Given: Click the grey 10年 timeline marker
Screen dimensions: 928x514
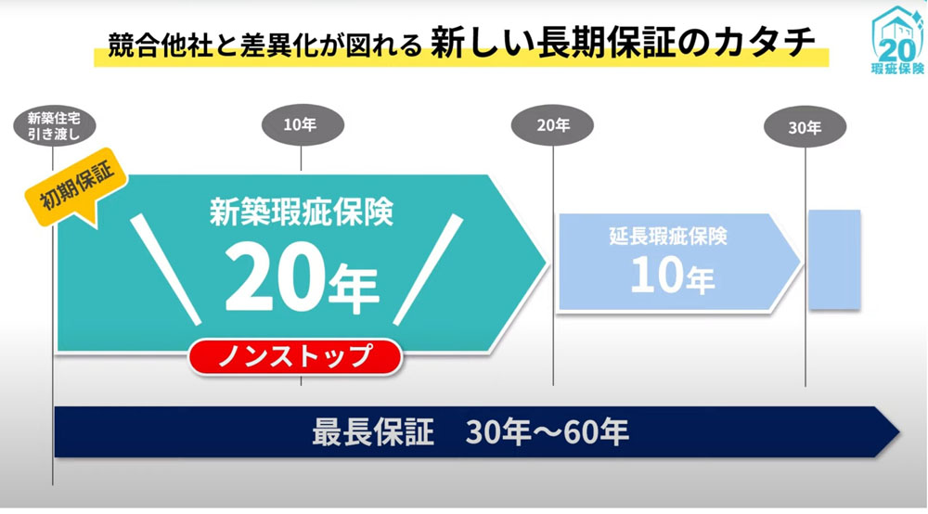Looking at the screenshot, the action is (303, 125).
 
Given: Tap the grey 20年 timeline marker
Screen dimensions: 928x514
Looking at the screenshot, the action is (552, 125).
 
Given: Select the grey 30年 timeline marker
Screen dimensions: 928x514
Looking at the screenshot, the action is (805, 126).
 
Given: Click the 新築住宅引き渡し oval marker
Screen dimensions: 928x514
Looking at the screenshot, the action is (55, 126).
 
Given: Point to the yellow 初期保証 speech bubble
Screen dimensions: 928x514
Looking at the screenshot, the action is (77, 186).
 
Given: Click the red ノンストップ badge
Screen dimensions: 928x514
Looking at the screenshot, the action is (295, 356).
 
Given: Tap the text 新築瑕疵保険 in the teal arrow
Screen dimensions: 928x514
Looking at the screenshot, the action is (302, 212).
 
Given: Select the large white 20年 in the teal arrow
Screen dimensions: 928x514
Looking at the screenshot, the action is (302, 278).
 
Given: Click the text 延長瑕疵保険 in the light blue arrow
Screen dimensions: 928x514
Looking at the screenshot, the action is (668, 236).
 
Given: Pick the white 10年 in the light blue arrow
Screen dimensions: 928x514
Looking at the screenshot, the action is (672, 275).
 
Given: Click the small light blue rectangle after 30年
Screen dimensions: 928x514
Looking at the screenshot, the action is (834, 259).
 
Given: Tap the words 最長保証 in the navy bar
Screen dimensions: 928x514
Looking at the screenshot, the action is (373, 431).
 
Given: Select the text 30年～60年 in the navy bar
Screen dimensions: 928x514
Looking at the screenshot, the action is (547, 432).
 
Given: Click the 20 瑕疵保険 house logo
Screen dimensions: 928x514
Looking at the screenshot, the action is (897, 40).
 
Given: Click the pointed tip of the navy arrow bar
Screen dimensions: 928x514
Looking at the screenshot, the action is (899, 431).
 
